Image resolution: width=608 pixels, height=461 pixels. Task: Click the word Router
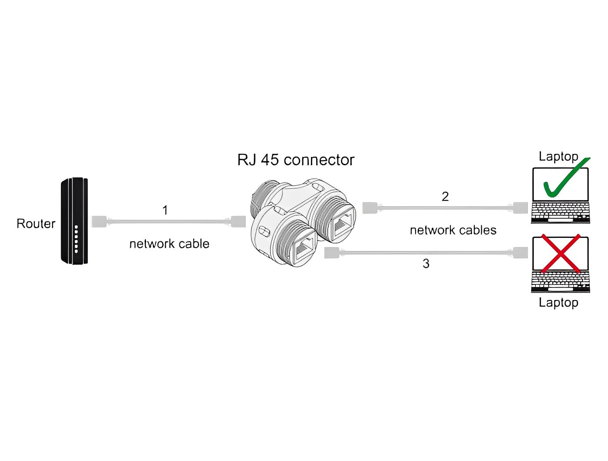[x=36, y=224]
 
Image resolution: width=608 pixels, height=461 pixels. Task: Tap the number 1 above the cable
[x=165, y=210]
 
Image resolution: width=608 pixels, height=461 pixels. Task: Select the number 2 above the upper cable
[x=445, y=197]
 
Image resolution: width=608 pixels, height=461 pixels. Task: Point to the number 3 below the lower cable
[x=426, y=264]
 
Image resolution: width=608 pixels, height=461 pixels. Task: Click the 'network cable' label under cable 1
[x=169, y=244]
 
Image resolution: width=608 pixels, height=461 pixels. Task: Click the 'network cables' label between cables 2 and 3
[x=453, y=230]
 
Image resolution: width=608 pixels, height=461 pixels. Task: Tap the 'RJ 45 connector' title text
[x=296, y=160]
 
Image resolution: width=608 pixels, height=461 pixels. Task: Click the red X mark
[x=560, y=254]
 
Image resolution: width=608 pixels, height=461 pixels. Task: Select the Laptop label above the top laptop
[x=558, y=156]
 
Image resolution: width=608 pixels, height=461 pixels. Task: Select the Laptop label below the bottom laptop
[x=558, y=302]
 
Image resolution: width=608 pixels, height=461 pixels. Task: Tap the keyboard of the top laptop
[x=561, y=213]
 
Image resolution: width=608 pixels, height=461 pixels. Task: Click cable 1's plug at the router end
[x=99, y=221]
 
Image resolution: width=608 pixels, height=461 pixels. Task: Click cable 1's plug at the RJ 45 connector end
[x=238, y=221]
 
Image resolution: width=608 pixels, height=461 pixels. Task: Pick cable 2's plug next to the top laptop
[x=520, y=208]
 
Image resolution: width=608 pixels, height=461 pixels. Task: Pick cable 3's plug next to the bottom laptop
[x=520, y=253]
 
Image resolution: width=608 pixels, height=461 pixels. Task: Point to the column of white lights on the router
[x=76, y=239]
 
